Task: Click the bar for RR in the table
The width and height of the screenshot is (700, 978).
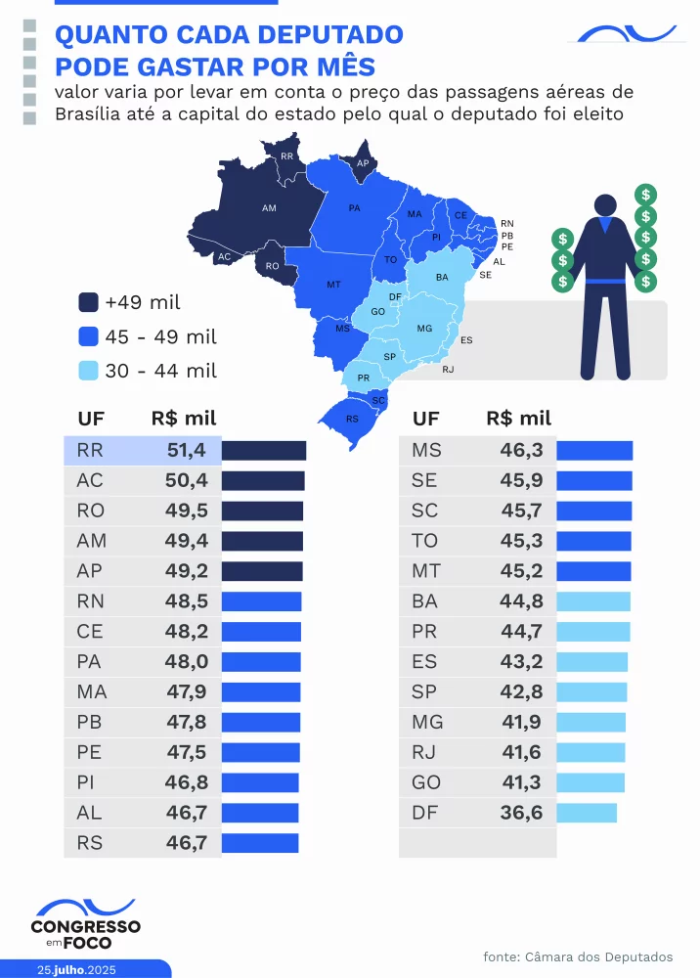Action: [264, 451]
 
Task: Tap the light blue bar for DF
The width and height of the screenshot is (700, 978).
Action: [587, 813]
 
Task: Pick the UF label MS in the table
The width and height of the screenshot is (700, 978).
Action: [427, 451]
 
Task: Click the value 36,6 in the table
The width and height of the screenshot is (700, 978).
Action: [521, 813]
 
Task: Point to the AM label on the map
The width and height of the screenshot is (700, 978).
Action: [269, 208]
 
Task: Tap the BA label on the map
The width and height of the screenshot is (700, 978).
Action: [442, 277]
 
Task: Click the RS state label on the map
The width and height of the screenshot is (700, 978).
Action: [352, 419]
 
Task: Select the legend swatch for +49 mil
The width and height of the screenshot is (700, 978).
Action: [88, 302]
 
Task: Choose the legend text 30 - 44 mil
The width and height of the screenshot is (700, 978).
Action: [161, 371]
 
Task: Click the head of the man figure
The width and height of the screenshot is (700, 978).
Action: [605, 206]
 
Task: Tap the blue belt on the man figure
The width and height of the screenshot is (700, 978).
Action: [605, 285]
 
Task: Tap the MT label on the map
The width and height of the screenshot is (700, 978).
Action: [333, 284]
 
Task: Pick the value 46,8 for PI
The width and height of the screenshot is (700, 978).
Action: [186, 782]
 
